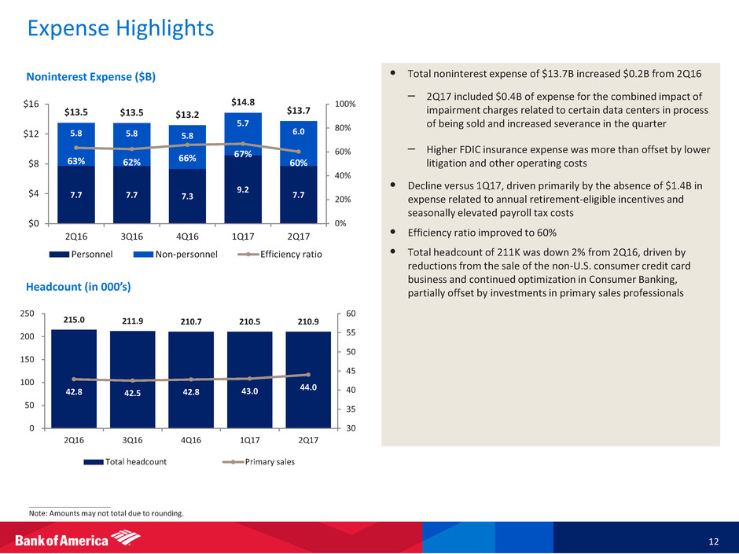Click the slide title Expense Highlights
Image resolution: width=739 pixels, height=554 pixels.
click(120, 29)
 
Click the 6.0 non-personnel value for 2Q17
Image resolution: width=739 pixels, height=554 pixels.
click(300, 133)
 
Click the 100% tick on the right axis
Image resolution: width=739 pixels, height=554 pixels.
click(346, 105)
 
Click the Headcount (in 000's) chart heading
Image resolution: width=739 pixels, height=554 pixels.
click(78, 288)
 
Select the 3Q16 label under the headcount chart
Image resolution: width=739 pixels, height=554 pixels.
click(132, 440)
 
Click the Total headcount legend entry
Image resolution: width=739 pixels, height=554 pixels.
click(133, 461)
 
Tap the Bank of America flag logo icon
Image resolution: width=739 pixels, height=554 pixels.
click(126, 538)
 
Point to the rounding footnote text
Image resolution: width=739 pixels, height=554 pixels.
click(105, 513)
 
